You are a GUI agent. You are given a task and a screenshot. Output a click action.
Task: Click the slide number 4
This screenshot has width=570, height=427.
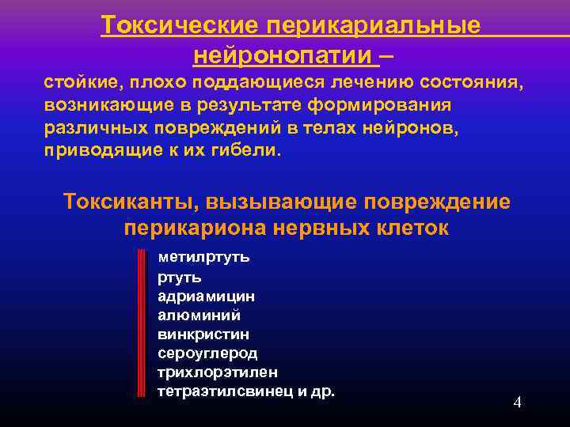pos(517,402)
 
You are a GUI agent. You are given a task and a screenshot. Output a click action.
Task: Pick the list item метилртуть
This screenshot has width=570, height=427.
pos(203,257)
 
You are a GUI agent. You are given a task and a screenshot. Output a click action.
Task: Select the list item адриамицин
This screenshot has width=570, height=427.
pos(206,296)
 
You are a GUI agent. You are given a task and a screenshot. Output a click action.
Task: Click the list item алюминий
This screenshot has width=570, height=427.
pos(193,315)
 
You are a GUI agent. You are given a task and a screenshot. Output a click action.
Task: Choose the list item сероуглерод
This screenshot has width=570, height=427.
pos(207,353)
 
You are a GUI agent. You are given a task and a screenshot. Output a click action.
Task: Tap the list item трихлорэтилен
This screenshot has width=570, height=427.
pos(218,372)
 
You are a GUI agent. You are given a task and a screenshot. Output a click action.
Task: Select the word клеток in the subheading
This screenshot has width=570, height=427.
pos(411,229)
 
